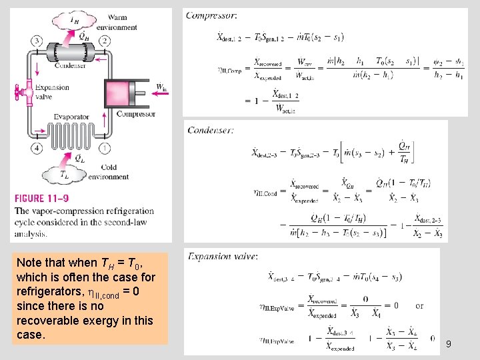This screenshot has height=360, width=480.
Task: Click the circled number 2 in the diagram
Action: pyautogui.click(x=105, y=41)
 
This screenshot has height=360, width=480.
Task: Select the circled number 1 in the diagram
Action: pyautogui.click(x=105, y=148)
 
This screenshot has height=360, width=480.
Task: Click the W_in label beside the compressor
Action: pyautogui.click(x=161, y=87)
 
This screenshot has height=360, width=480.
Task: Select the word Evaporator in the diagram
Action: pyautogui.click(x=72, y=117)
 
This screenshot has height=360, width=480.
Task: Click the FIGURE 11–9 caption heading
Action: pyautogui.click(x=41, y=198)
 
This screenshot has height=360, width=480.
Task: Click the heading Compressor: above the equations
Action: pyautogui.click(x=211, y=15)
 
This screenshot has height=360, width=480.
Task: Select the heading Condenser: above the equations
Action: pyautogui.click(x=211, y=130)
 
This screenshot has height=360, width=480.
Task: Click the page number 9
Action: pyautogui.click(x=449, y=344)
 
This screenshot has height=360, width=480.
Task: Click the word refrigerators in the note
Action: pyautogui.click(x=46, y=291)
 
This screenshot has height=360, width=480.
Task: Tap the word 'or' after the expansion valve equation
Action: pyautogui.click(x=419, y=306)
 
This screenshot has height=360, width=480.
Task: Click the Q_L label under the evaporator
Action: pyautogui.click(x=79, y=159)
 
